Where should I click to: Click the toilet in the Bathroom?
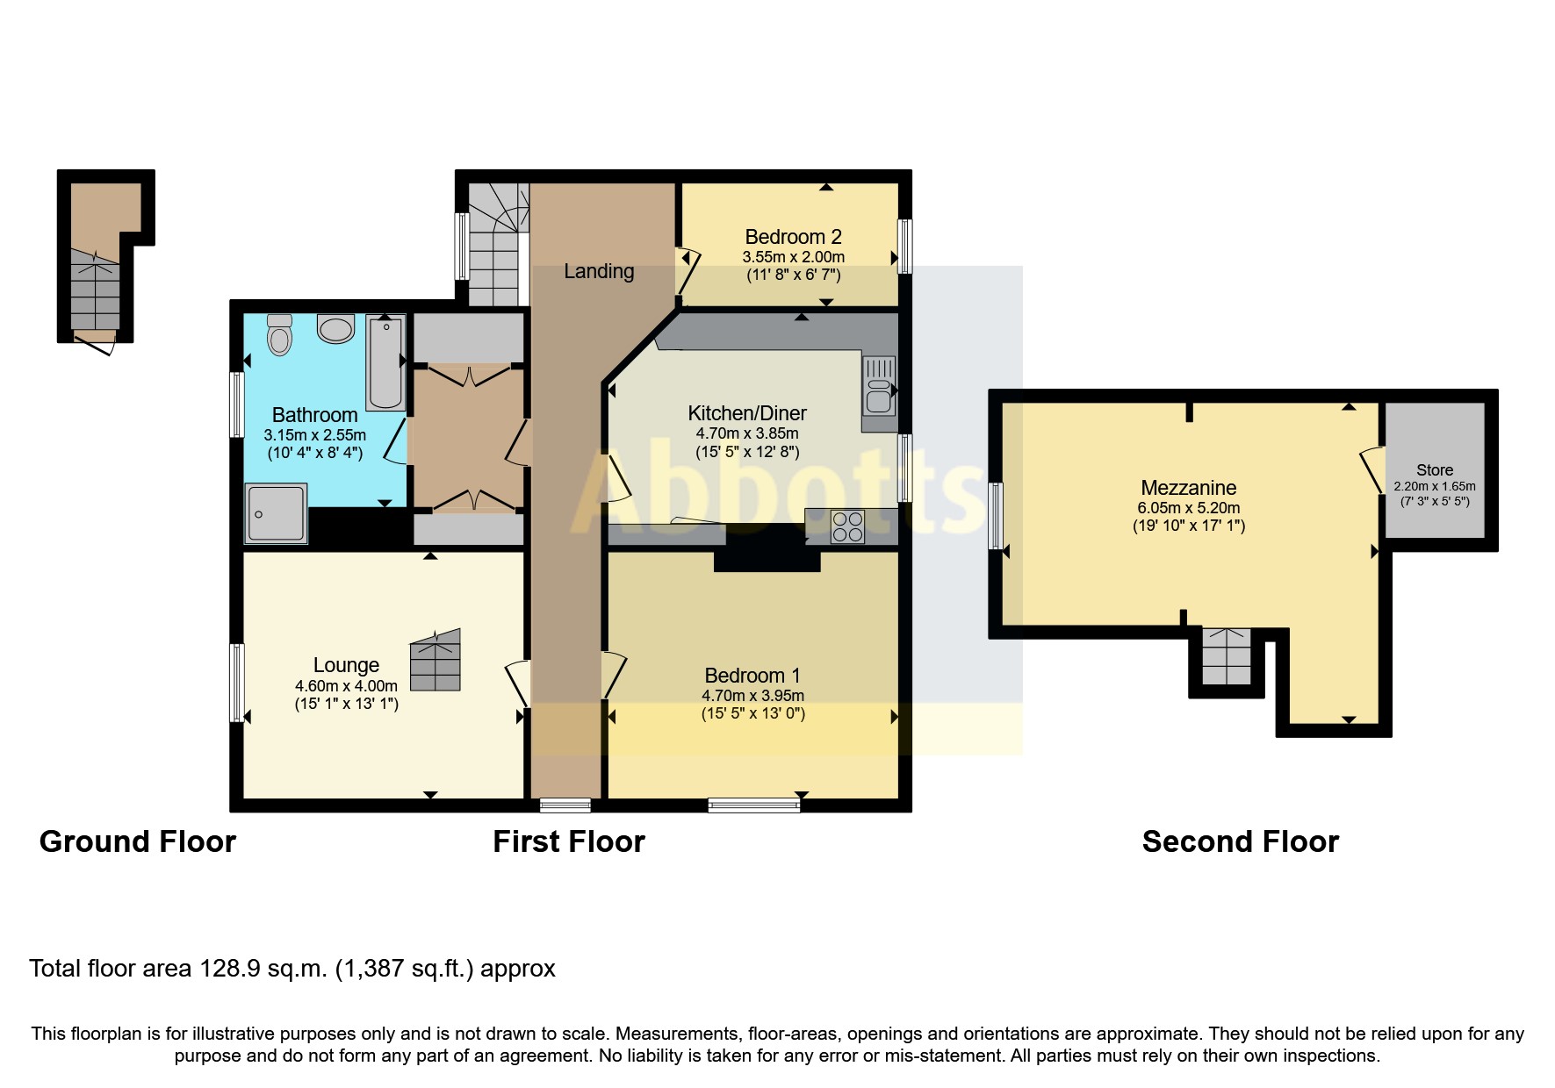pos(279,335)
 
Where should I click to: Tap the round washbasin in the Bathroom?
pos(335,329)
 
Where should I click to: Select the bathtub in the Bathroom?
pos(385,362)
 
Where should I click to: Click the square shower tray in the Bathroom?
pos(277,513)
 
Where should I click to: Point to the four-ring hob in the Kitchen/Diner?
pos(847,526)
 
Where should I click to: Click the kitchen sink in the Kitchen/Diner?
pos(879,385)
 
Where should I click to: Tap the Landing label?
pos(599,271)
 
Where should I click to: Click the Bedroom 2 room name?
pos(793,237)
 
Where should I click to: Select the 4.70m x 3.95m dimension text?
pos(752,695)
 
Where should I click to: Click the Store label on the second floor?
pos(1434,470)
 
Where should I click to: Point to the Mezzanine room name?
pos(1188,488)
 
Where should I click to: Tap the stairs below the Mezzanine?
pos(1226,656)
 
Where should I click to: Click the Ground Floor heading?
pos(138,841)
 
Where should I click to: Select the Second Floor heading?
pos(1240,841)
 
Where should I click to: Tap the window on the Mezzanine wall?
pos(996,515)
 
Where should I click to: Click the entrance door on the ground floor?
pos(95,343)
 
